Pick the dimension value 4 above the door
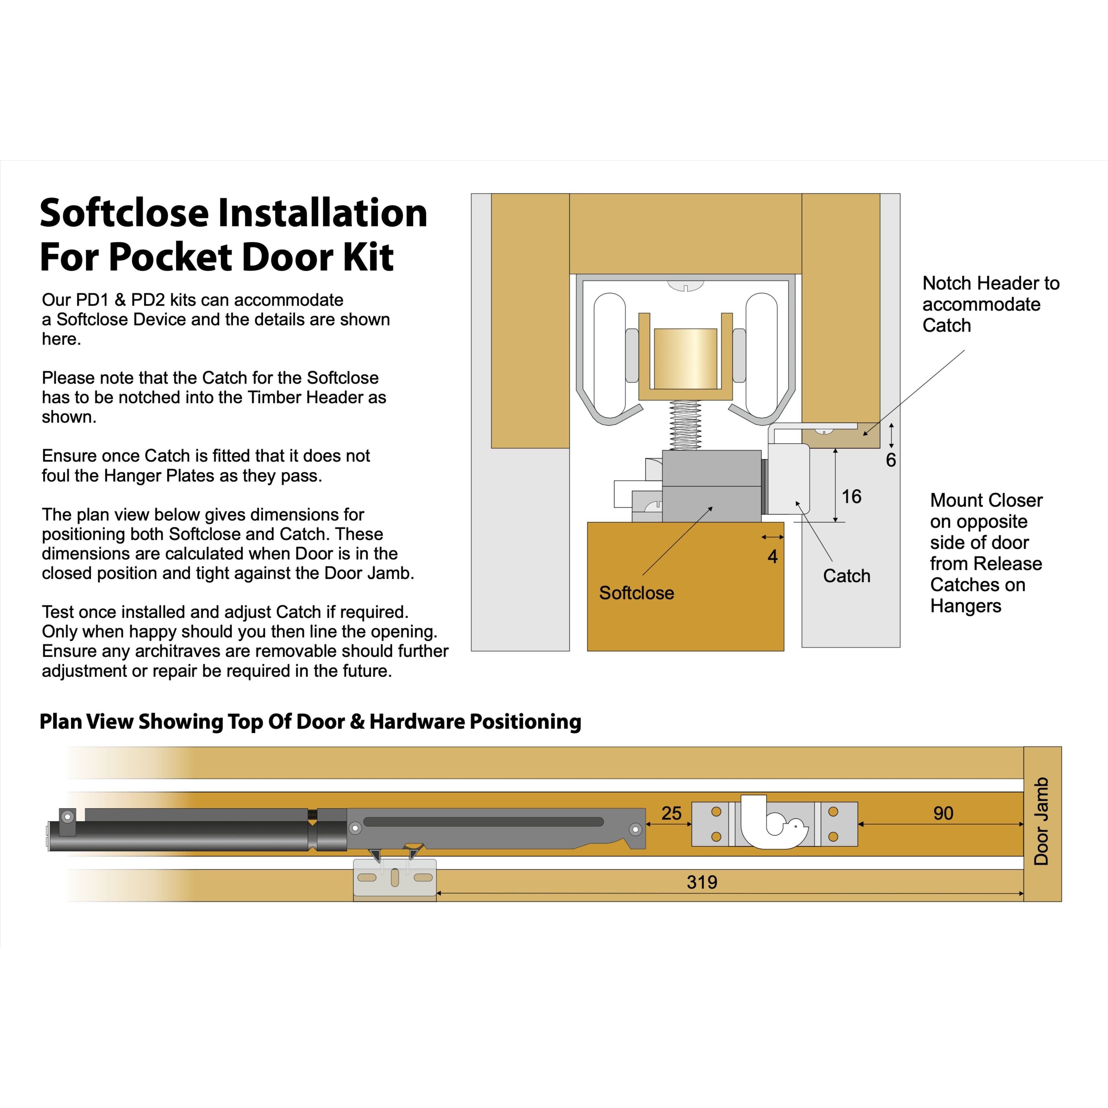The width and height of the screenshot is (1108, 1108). [x=773, y=556]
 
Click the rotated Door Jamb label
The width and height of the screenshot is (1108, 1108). [x=1041, y=821]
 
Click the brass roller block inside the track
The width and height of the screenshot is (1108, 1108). [x=685, y=358]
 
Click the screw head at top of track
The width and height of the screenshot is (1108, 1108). [x=685, y=285]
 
